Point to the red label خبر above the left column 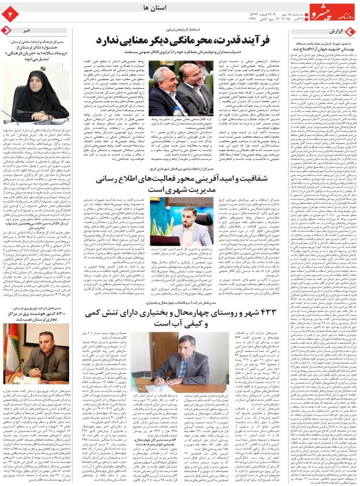point(27,29)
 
